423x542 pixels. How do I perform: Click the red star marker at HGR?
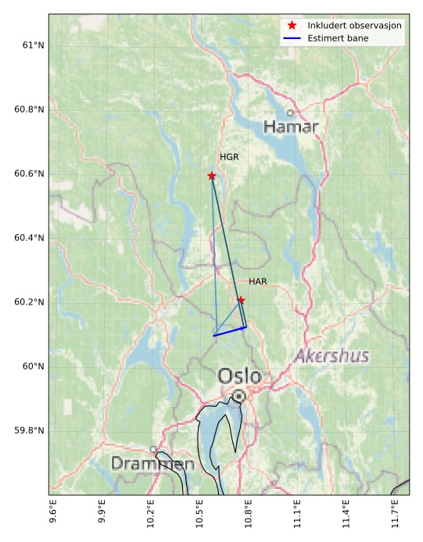coord(212,176)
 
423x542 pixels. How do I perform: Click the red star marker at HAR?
coord(241,300)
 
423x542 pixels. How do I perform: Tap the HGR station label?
coord(229,157)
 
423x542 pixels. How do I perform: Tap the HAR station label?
coord(258,281)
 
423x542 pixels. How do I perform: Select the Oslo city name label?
coord(239,376)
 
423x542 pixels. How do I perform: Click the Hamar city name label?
coord(291,127)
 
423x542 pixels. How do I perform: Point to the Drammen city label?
coord(152,464)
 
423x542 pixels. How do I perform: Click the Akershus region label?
coord(332,356)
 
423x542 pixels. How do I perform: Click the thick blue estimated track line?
coord(230,332)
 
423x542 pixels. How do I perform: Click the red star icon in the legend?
coord(292,26)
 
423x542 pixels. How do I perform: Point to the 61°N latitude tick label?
coord(32,45)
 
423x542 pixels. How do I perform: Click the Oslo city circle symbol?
coord(238,396)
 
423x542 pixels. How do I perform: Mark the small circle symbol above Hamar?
coord(290,113)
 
